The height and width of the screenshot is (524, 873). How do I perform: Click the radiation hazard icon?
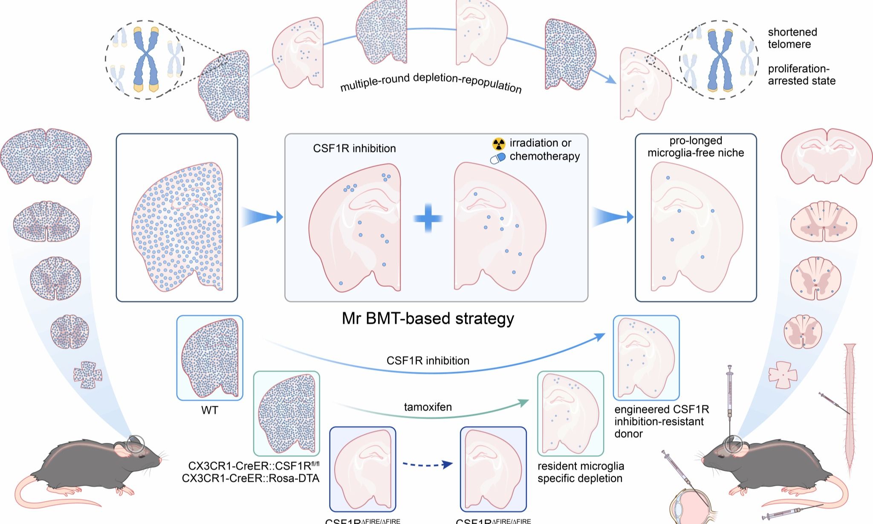[x=498, y=144]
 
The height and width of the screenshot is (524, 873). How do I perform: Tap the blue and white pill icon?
[x=497, y=158]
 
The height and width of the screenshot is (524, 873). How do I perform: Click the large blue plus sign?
[x=428, y=218]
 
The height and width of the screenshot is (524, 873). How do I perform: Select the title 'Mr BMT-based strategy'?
[x=428, y=318]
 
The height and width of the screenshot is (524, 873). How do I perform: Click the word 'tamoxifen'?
[x=428, y=407]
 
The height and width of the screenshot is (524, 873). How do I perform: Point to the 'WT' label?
[x=210, y=410]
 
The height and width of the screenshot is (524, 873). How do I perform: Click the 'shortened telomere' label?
[x=792, y=38]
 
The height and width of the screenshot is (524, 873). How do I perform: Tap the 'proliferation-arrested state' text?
[x=801, y=75]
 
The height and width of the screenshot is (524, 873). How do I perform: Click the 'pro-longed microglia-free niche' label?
[x=696, y=147]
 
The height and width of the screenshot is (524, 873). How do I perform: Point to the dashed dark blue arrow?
[x=428, y=464]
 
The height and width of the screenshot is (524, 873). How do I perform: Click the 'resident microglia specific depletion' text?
[x=581, y=472]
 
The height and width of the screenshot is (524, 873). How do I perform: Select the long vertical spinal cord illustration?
[x=851, y=410]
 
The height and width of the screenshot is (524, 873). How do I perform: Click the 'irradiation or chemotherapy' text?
[x=544, y=149]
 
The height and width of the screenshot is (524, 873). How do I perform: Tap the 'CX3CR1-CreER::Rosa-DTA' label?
[x=251, y=478]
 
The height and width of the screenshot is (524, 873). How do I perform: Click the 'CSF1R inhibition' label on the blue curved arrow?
[x=428, y=361]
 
